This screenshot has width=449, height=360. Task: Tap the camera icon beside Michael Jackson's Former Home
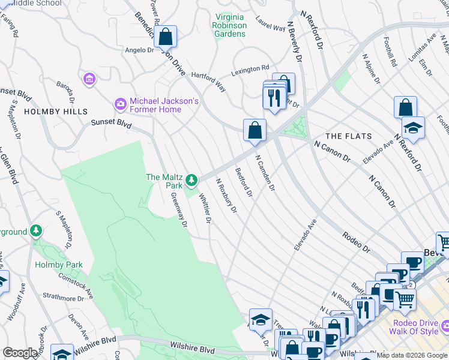click(121, 105)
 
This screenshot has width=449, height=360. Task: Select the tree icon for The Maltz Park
click(191, 179)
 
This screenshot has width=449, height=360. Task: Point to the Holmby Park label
click(58, 265)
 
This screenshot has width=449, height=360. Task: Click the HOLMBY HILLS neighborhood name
click(56, 112)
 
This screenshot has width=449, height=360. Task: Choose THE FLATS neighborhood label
click(349, 136)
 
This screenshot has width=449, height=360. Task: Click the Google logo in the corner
click(20, 353)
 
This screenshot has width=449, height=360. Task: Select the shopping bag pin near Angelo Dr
click(165, 37)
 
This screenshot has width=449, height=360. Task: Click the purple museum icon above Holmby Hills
click(89, 79)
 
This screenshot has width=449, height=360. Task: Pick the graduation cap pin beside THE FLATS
click(413, 128)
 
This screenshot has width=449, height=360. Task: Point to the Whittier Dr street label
click(205, 208)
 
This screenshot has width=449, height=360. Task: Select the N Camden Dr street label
click(265, 173)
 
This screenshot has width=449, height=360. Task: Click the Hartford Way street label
click(208, 82)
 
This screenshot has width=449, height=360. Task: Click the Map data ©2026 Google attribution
click(412, 355)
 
